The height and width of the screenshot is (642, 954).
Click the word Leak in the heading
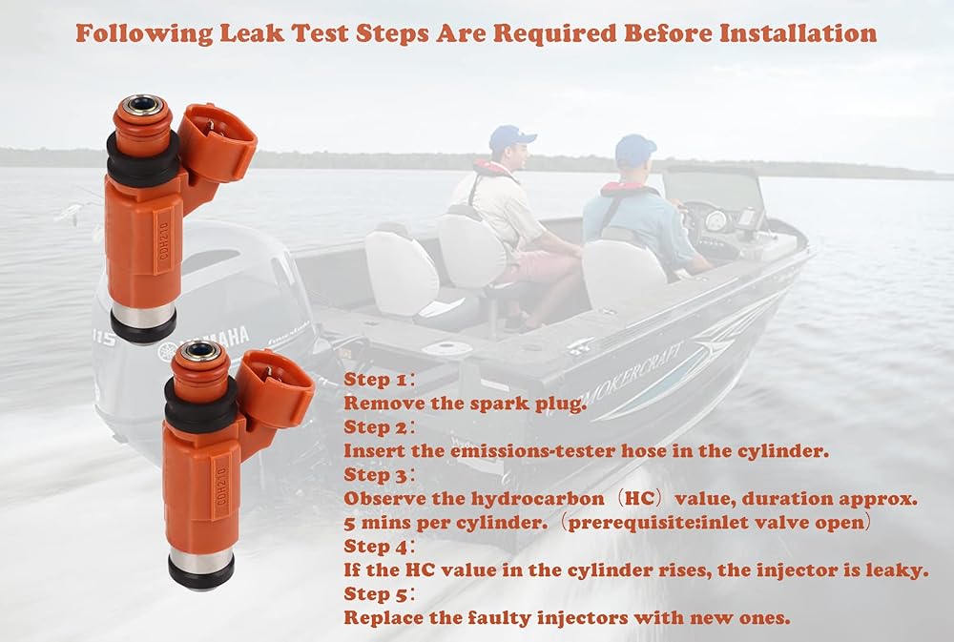(251, 32)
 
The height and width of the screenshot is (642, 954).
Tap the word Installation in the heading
(798, 32)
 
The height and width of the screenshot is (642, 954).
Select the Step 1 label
(376, 379)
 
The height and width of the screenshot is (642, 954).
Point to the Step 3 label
(376, 475)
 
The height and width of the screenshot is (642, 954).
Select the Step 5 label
(376, 594)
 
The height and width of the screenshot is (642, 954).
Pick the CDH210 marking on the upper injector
(163, 240)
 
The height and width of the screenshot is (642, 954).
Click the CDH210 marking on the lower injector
(221, 486)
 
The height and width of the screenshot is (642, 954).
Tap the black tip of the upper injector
(144, 326)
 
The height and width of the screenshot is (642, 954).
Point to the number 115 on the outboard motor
(104, 338)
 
